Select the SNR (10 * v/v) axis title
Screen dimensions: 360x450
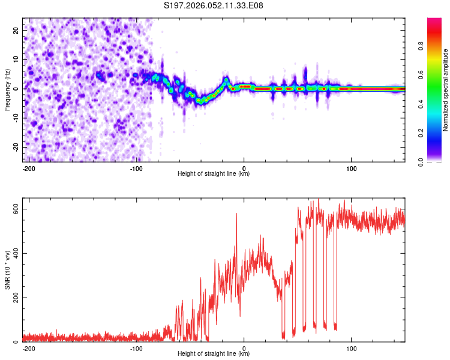[7, 274]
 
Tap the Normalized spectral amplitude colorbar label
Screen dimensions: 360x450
[446, 90]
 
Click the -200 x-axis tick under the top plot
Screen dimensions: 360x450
[29, 168]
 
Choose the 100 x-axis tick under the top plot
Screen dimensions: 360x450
[352, 168]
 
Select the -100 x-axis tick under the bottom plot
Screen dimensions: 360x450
[136, 348]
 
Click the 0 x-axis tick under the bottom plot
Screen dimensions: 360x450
[244, 348]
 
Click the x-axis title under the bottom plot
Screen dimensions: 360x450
[214, 354]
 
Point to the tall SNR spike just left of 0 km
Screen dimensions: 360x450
[236, 215]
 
